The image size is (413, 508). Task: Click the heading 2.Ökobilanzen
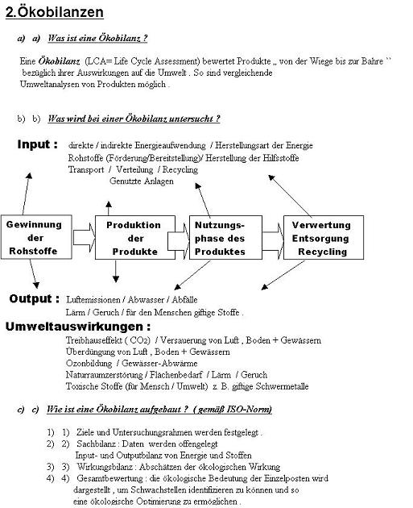(55, 13)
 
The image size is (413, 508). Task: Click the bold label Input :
(38, 144)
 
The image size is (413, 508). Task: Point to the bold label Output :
(35, 298)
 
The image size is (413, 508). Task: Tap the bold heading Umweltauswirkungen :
(78, 327)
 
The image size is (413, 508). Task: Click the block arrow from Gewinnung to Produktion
(84, 238)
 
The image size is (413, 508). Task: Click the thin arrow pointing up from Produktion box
(109, 208)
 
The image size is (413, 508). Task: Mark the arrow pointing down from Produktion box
(116, 271)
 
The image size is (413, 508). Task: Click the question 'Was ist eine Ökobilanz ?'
(97, 38)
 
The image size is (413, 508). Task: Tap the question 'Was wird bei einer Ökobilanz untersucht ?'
(134, 119)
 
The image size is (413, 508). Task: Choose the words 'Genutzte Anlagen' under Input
(142, 181)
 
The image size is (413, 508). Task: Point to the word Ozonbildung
(89, 364)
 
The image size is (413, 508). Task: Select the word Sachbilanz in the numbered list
(96, 443)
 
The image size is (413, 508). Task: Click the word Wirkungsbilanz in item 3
(105, 467)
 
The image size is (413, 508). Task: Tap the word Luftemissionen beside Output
(93, 300)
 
